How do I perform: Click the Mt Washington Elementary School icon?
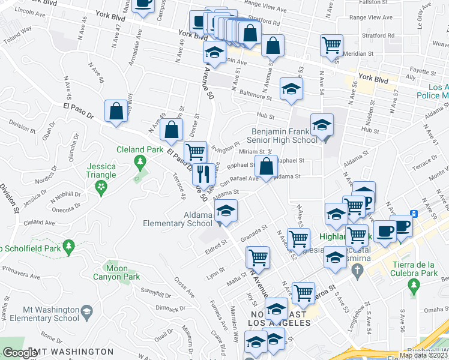[87, 312]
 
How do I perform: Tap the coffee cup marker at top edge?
[143, 5]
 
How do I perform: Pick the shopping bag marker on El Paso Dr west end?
[116, 112]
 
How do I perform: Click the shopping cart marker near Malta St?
[258, 257]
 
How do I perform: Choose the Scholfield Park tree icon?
[69, 245]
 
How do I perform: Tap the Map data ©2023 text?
[423, 355]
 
